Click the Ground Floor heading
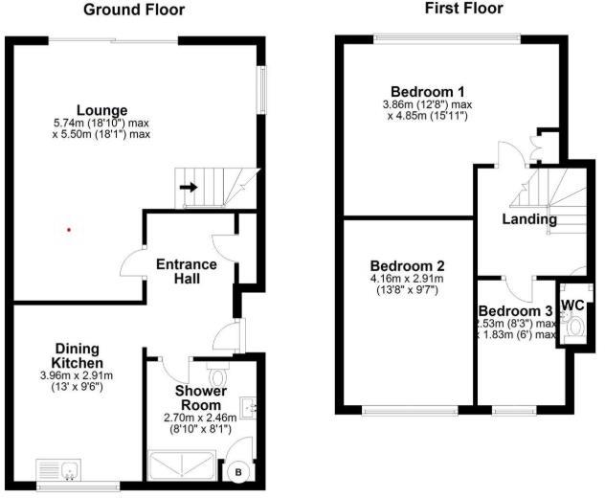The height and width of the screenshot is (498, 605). (x=134, y=11)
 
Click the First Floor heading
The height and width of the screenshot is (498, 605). (x=463, y=9)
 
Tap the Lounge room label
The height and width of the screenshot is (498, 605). (x=101, y=110)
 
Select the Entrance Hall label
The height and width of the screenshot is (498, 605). (x=187, y=271)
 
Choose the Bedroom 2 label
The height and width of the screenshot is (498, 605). (x=407, y=265)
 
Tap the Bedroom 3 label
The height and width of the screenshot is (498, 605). (x=515, y=311)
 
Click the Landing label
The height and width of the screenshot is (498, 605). (x=529, y=219)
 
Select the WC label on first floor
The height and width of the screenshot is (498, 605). (x=572, y=305)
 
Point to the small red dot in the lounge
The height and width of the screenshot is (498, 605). (x=68, y=229)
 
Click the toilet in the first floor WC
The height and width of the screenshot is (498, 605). (x=574, y=328)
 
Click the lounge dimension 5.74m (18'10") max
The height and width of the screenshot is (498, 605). (x=101, y=123)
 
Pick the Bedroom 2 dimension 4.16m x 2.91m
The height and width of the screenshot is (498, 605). (x=407, y=279)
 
